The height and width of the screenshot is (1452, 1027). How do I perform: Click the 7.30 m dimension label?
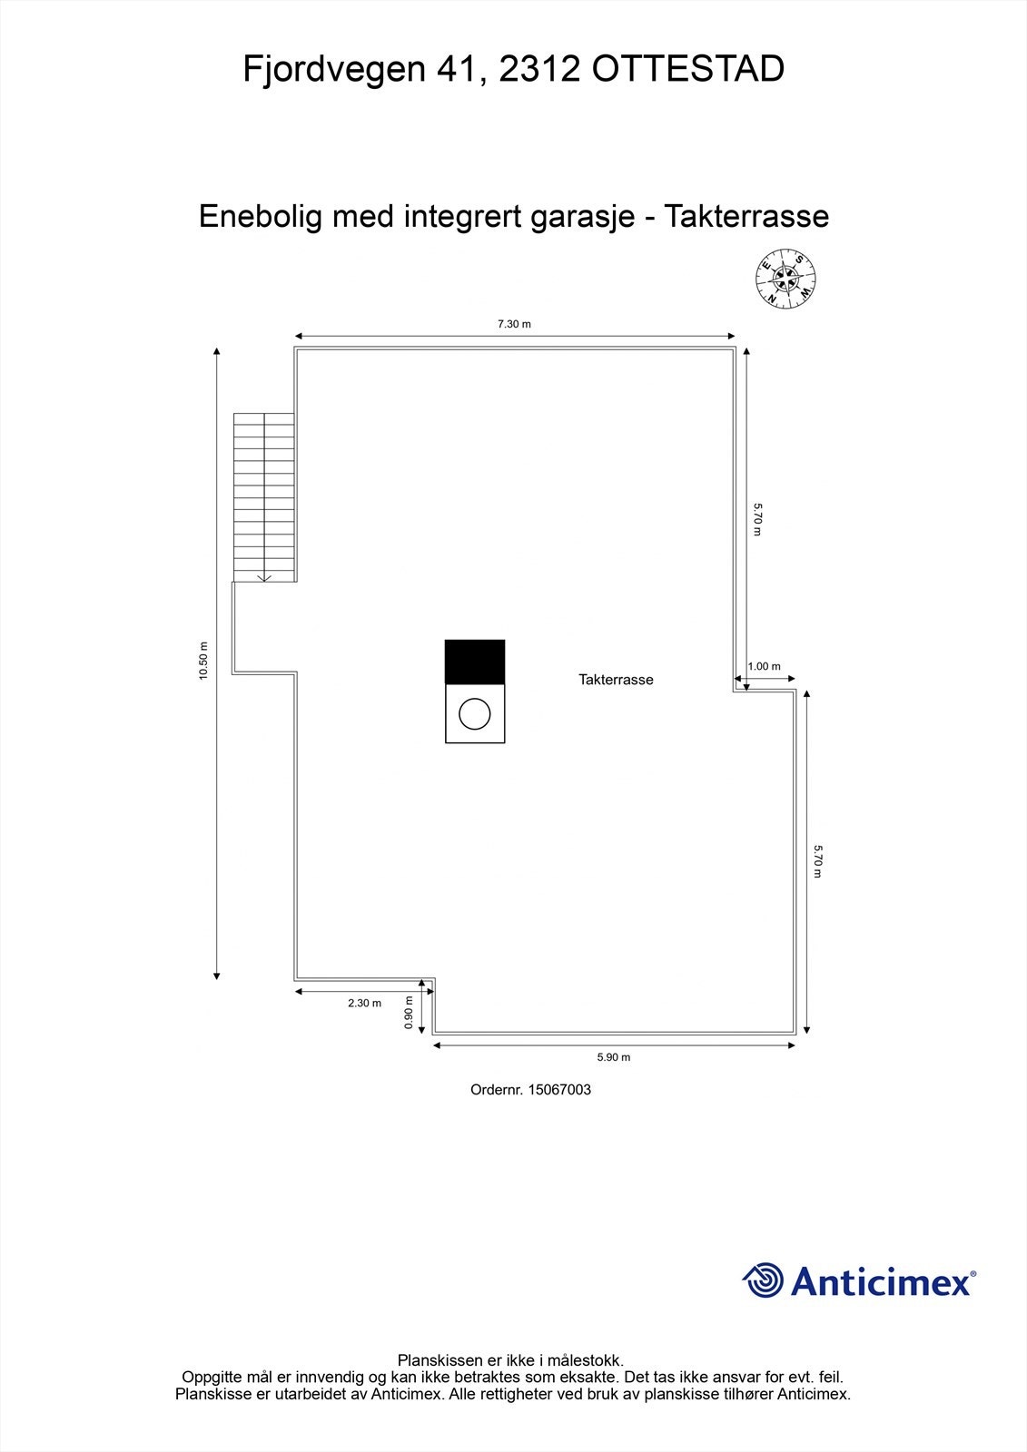pos(514,324)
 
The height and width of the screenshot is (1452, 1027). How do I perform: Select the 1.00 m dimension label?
pos(764,666)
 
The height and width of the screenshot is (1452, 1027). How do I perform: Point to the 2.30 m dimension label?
pos(364,1003)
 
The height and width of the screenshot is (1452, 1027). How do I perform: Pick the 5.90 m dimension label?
pos(614,1057)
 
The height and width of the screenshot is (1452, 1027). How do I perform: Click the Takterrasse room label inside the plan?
pos(616,680)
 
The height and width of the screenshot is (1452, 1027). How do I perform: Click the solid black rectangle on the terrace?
pos(474,662)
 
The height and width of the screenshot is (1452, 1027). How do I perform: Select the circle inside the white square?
pos(474,714)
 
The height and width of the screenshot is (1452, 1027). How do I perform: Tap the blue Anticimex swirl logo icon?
pos(763,1280)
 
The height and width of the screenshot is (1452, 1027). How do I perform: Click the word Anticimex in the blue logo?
pos(881,1281)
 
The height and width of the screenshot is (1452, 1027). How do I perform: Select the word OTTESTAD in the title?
pos(688,69)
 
